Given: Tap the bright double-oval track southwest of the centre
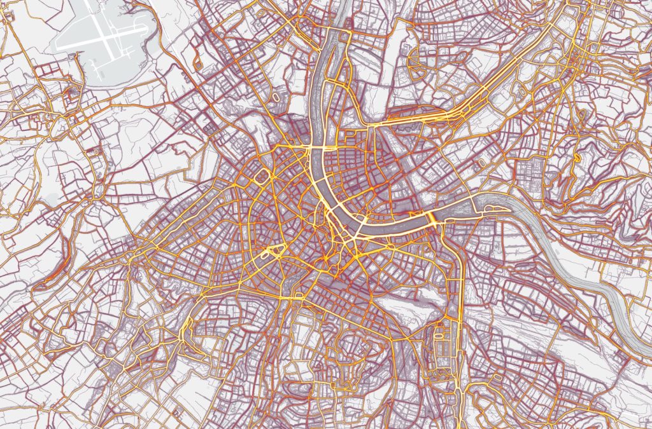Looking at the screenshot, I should pyautogui.click(x=271, y=252).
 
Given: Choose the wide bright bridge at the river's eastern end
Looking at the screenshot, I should pyautogui.click(x=433, y=219).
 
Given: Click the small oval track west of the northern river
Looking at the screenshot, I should pyautogui.click(x=276, y=97).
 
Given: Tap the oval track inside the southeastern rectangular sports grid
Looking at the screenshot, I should pyautogui.click(x=439, y=330).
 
